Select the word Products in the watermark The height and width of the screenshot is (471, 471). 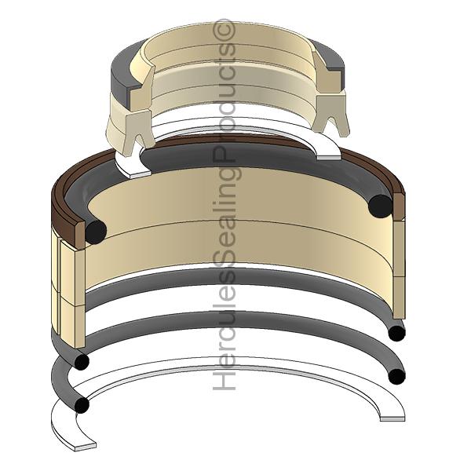click(224, 102)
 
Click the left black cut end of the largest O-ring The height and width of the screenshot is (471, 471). click(96, 232)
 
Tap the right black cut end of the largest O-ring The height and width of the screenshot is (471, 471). click(380, 206)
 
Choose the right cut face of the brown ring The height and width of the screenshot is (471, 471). click(399, 207)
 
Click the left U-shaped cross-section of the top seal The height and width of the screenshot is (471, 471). click(139, 132)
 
